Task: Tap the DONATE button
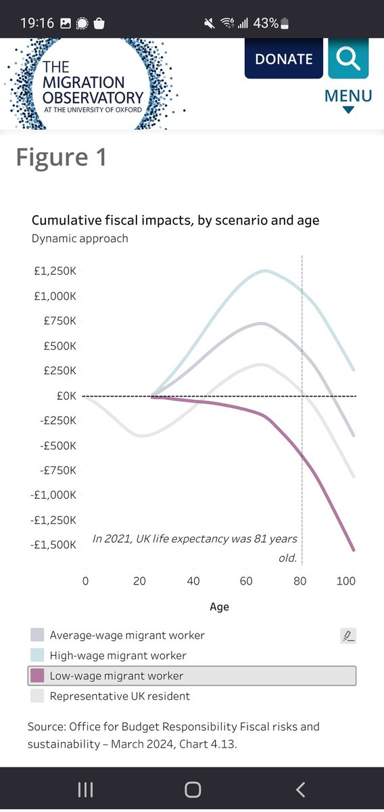point(284,58)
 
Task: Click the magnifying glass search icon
point(348,58)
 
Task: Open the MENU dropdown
point(348,100)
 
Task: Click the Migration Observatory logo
point(93,84)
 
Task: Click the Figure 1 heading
point(62,157)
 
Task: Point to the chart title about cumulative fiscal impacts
point(175,220)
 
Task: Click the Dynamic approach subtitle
point(80,238)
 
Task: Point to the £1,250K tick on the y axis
point(55,271)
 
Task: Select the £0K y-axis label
point(66,396)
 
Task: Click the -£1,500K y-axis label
point(53,545)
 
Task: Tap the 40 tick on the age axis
point(193,581)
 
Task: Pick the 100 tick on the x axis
point(345,581)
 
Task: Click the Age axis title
point(219,607)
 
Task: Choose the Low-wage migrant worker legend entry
point(192,676)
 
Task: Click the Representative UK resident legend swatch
point(37,696)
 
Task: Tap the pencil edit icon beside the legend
point(348,636)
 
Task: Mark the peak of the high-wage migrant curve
point(265,271)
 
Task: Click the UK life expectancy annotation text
point(195,547)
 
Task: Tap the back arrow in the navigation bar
point(300,790)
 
